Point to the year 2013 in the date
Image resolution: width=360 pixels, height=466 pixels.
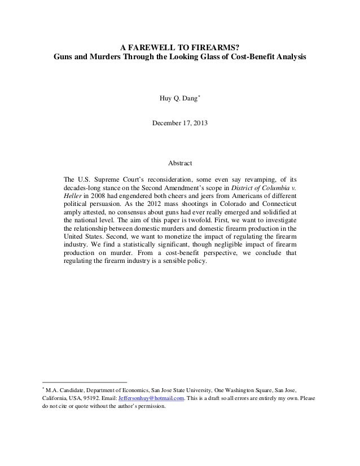[x=199, y=122]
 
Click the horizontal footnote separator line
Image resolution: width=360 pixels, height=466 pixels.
[x=85, y=381]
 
